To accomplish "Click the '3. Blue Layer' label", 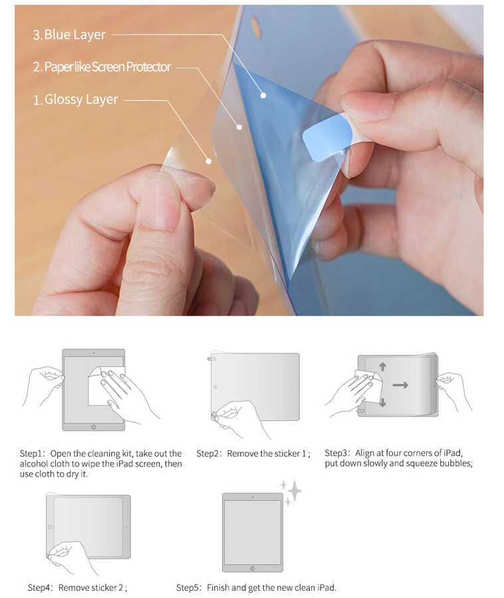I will (69, 35).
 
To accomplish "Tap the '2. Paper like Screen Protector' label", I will (102, 67).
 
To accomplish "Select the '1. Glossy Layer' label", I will (76, 100).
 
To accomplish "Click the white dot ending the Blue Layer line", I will (263, 95).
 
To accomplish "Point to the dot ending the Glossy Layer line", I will (208, 161).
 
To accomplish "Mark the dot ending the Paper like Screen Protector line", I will (239, 126).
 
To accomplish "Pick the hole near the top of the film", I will (255, 27).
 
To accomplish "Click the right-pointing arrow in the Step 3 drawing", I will (400, 384).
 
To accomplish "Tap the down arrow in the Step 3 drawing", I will (383, 402).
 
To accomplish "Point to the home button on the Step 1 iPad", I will (93, 426).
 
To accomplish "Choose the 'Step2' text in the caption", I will (209, 454).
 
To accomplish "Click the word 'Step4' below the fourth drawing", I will (40, 587).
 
